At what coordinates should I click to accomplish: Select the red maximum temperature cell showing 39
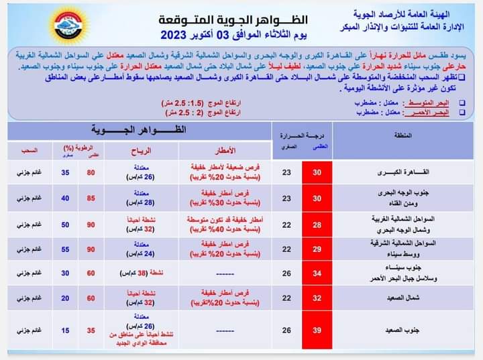point(317,330)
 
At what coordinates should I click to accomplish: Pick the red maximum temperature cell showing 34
point(317,274)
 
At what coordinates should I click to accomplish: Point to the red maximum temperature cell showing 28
point(317,223)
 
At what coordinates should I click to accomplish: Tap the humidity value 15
point(65,330)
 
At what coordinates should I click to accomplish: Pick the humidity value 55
point(65,248)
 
